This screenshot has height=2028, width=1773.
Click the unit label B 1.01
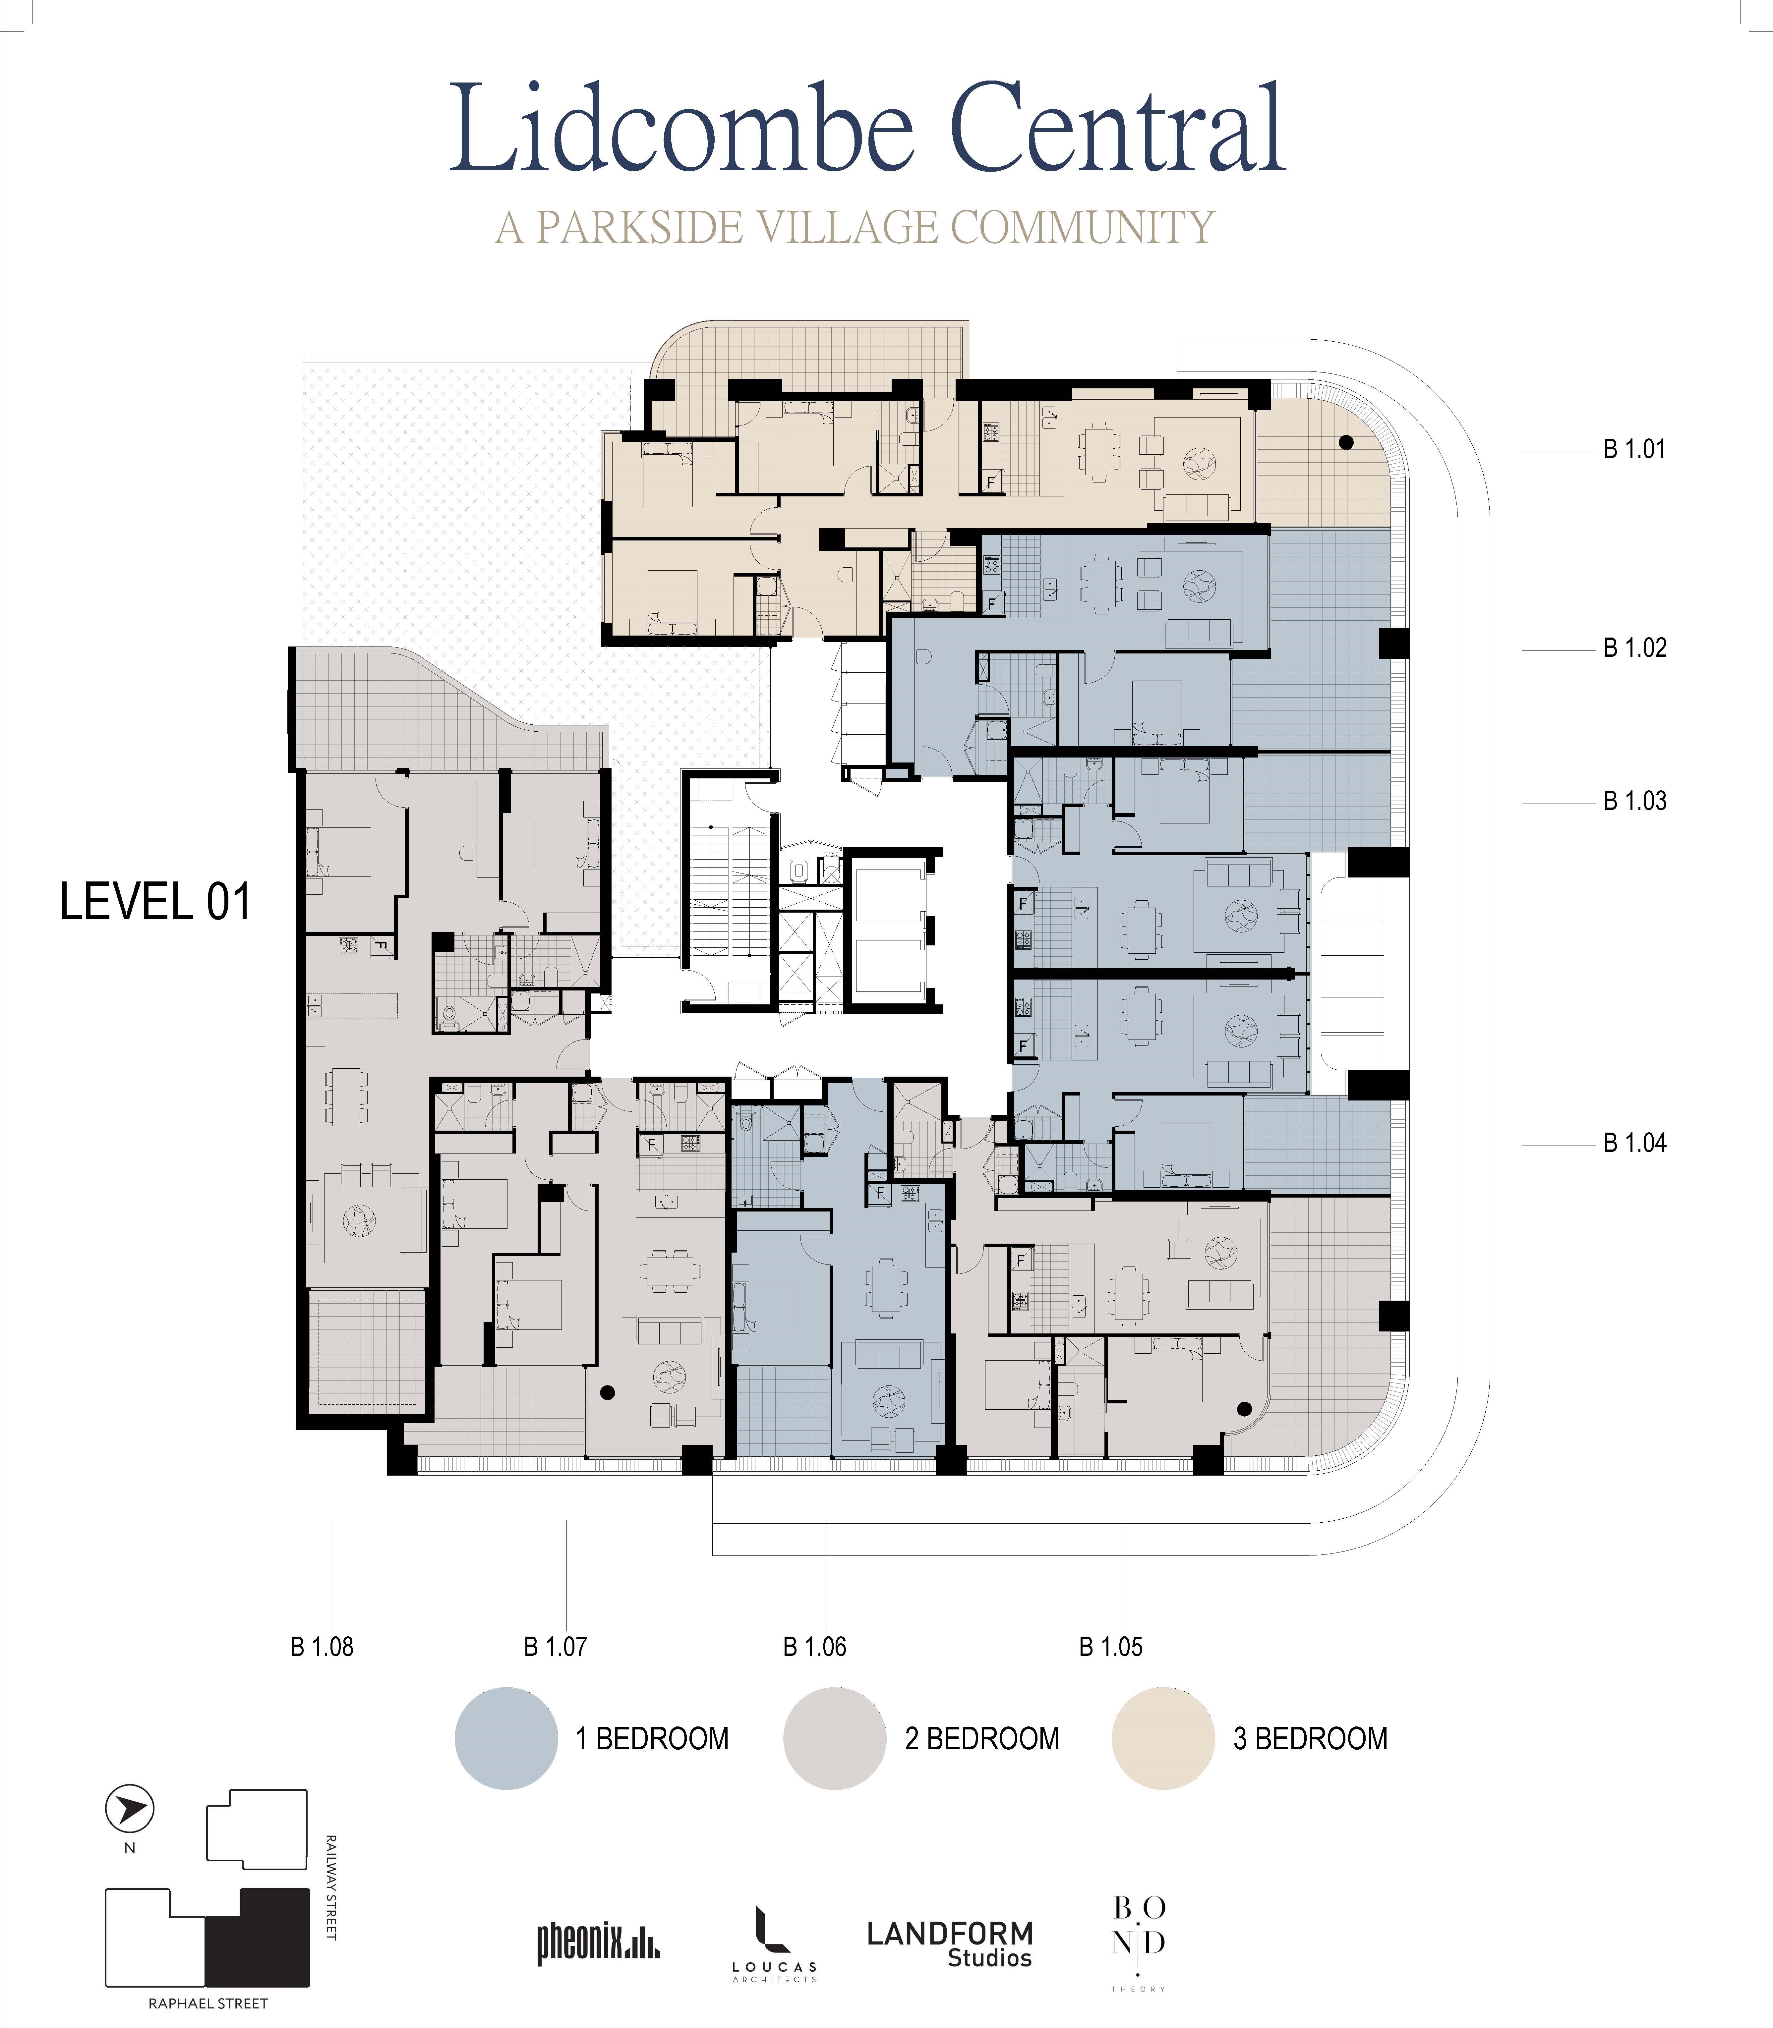[1634, 450]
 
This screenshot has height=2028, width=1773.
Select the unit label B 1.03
[1634, 801]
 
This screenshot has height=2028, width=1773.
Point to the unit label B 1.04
[1634, 1144]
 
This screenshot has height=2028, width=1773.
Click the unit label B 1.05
[1110, 1647]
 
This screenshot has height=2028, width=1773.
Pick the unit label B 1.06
[814, 1647]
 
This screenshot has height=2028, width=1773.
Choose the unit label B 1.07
[555, 1647]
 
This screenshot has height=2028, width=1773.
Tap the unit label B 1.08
[322, 1647]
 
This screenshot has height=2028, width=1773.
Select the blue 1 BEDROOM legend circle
[506, 1738]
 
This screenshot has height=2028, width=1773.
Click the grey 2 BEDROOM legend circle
[834, 1738]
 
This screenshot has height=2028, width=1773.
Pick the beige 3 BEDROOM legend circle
[1162, 1738]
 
